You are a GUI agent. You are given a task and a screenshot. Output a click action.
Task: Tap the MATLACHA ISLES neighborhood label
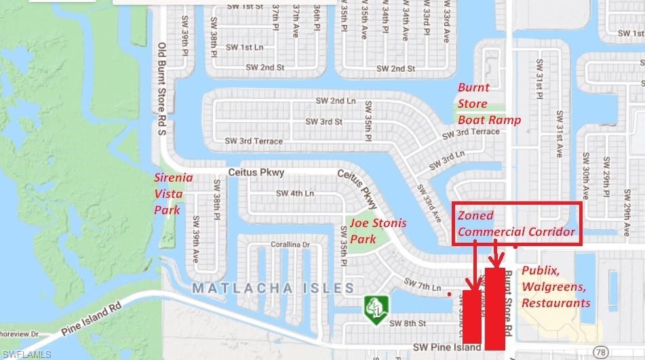click(273, 288)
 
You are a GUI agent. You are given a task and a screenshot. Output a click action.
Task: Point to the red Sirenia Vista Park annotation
click(174, 194)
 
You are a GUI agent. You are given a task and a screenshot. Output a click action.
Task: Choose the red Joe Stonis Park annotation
click(377, 231)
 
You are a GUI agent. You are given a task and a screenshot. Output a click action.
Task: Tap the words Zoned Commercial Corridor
click(516, 224)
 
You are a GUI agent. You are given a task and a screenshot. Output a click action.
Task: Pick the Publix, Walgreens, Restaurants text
click(556, 287)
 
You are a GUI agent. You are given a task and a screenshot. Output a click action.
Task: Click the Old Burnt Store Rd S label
click(161, 89)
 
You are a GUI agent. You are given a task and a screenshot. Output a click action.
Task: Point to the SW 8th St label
click(406, 323)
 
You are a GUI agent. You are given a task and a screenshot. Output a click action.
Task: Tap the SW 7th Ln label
click(422, 284)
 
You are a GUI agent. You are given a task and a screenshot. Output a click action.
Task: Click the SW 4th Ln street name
click(295, 193)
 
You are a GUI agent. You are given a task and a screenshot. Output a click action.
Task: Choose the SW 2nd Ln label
click(336, 100)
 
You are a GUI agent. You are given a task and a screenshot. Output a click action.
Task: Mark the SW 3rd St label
click(324, 121)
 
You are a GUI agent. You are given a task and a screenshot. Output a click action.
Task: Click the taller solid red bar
click(494, 309)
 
